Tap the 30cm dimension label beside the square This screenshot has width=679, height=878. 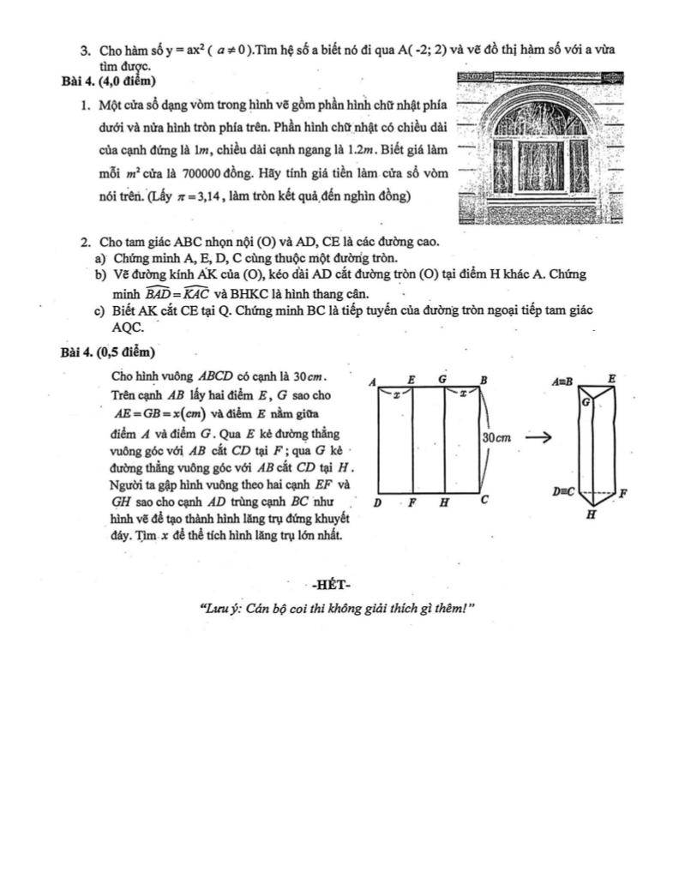coord(497,437)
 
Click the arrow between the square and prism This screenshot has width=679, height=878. coord(538,437)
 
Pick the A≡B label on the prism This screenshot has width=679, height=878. coord(562,378)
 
